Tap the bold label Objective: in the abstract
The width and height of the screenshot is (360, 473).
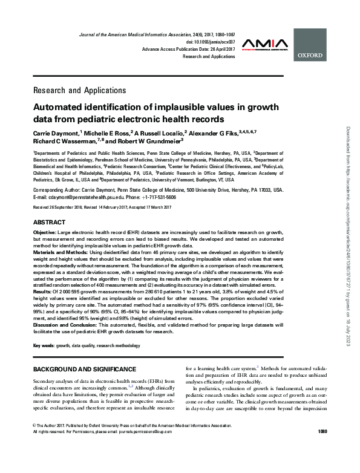46,233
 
